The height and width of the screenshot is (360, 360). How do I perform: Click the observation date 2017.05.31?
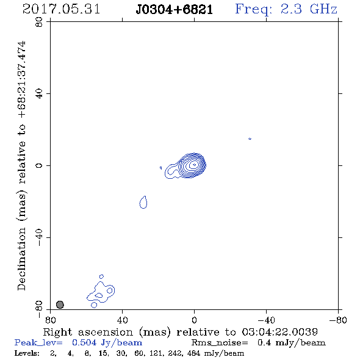tap(61, 9)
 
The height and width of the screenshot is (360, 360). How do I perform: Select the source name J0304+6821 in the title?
tap(175, 10)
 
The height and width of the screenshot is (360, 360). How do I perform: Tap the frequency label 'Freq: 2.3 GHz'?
tap(286, 10)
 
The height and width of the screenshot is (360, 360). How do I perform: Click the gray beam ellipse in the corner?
tap(60, 304)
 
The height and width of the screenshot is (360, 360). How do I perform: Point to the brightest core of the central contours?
tap(194, 164)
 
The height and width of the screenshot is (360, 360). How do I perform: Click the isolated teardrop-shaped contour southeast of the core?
tap(143, 202)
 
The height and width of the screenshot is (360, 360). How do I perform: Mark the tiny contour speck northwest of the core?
tap(250, 139)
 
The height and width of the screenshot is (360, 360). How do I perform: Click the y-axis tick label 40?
tap(40, 94)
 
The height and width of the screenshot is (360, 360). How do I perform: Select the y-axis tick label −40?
tap(40, 237)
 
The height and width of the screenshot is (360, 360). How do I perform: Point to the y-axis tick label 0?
tap(40, 165)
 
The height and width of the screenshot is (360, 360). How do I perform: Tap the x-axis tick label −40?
tap(266, 320)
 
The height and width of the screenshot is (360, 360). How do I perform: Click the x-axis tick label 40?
tap(123, 320)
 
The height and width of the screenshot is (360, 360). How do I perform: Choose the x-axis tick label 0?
tap(194, 320)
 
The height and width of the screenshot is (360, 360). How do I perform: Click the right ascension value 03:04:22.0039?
tap(280, 332)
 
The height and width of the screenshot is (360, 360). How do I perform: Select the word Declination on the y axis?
tap(21, 259)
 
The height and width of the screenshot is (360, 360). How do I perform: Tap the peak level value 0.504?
tap(84, 342)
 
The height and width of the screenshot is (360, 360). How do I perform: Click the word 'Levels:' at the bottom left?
tap(27, 353)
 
